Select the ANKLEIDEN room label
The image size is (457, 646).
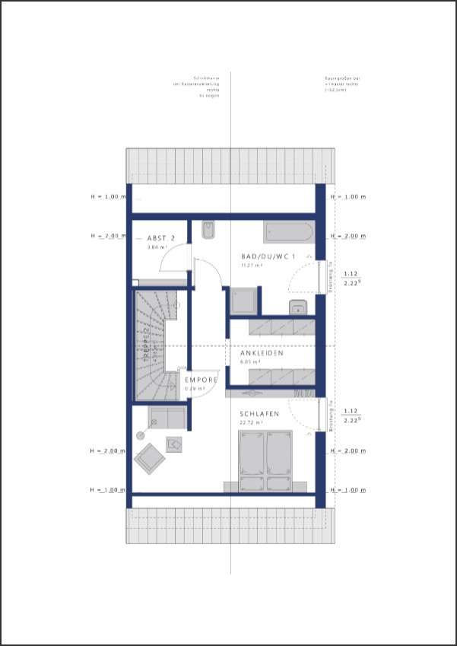(x=262, y=353)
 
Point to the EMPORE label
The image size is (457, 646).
(x=202, y=380)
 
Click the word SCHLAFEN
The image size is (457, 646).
(x=260, y=414)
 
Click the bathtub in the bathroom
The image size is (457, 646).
(x=287, y=231)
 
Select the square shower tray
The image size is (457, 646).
(x=244, y=301)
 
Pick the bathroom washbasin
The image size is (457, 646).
(x=297, y=307)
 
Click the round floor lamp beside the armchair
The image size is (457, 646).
(x=140, y=435)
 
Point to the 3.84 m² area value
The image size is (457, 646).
(x=157, y=247)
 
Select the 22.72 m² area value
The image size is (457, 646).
(x=251, y=422)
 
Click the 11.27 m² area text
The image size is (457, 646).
(x=251, y=266)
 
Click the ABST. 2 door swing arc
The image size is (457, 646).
(x=173, y=259)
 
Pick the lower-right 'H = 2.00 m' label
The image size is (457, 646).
(x=349, y=451)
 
